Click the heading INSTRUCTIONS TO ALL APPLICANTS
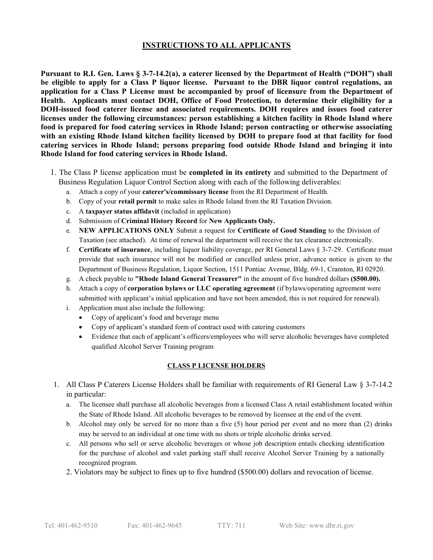point(216,45)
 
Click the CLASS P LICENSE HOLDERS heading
point(216,366)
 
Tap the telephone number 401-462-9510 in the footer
point(71,525)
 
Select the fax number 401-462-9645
point(155,525)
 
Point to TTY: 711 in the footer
point(231,525)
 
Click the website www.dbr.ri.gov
point(316,525)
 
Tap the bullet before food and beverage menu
point(81,318)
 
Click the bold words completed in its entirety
point(230,173)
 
